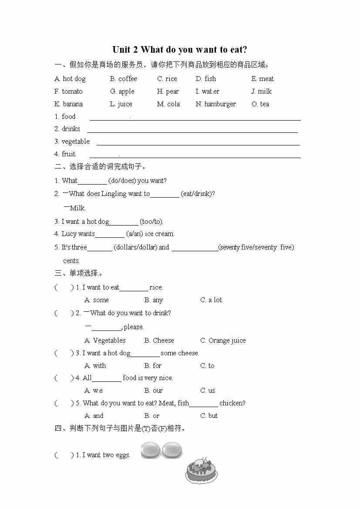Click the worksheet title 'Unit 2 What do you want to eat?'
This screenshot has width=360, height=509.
click(180, 50)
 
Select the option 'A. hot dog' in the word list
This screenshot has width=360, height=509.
click(70, 79)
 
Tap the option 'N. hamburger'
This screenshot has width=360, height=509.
click(215, 104)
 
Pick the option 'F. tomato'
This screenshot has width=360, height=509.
click(68, 91)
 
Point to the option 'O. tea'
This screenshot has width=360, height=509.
click(260, 104)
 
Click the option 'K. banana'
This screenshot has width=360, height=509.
click(68, 104)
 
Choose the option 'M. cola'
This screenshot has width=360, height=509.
click(168, 104)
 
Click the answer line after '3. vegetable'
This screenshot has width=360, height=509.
click(198, 144)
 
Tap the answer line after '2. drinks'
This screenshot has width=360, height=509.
click(192, 131)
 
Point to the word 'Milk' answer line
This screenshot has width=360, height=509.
click(77, 208)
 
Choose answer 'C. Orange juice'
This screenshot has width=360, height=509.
click(223, 340)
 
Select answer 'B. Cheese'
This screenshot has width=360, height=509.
click(159, 340)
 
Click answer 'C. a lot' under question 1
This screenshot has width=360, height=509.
click(211, 300)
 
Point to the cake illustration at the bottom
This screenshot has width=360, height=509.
click(202, 470)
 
